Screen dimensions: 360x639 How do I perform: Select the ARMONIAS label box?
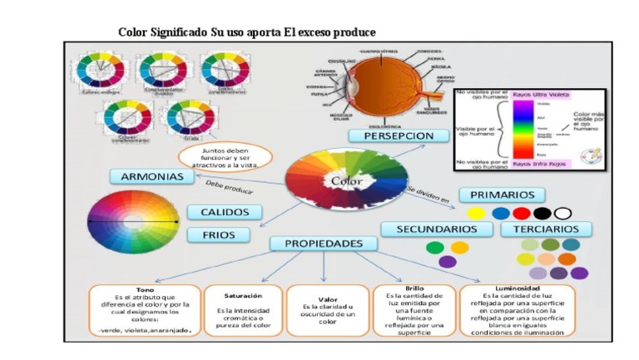click(x=151, y=177)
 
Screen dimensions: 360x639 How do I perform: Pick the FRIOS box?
click(x=219, y=235)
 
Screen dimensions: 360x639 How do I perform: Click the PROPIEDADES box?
click(x=324, y=244)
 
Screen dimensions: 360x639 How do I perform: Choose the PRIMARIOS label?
click(x=502, y=195)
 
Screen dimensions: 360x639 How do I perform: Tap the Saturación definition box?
click(x=243, y=311)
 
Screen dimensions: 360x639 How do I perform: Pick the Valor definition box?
click(x=327, y=311)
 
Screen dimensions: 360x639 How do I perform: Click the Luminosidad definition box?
click(x=517, y=311)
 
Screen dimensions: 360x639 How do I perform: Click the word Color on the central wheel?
click(x=347, y=180)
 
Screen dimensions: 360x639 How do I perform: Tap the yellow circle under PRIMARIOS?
click(x=476, y=214)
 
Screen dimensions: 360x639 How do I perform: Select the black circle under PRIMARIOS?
click(x=542, y=214)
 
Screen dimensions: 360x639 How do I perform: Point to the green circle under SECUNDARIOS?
click(x=435, y=248)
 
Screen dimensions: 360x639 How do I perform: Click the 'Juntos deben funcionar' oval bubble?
click(x=225, y=156)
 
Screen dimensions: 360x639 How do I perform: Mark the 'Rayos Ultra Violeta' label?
click(x=540, y=96)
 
